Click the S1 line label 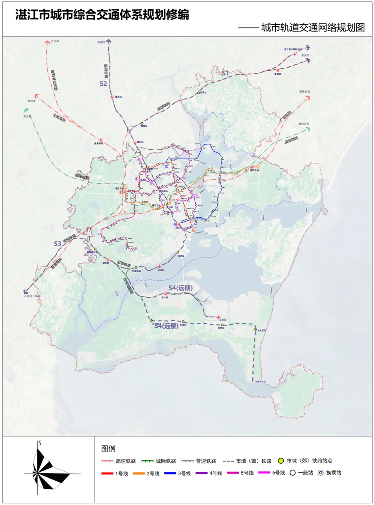(225, 73)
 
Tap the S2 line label (103, 83)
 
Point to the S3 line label (57, 243)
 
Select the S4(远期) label (180, 288)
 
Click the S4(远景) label (167, 326)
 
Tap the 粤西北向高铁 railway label (54, 80)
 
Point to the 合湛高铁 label (59, 117)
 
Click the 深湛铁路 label (163, 106)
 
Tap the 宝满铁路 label (124, 264)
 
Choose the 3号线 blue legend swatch (170, 473)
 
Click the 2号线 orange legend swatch (139, 473)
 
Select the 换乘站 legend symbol (321, 473)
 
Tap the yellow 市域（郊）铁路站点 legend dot (281, 461)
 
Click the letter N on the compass (40, 443)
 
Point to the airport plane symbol (295, 54)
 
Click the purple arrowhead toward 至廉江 (109, 42)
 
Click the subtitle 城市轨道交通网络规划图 (313, 27)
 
